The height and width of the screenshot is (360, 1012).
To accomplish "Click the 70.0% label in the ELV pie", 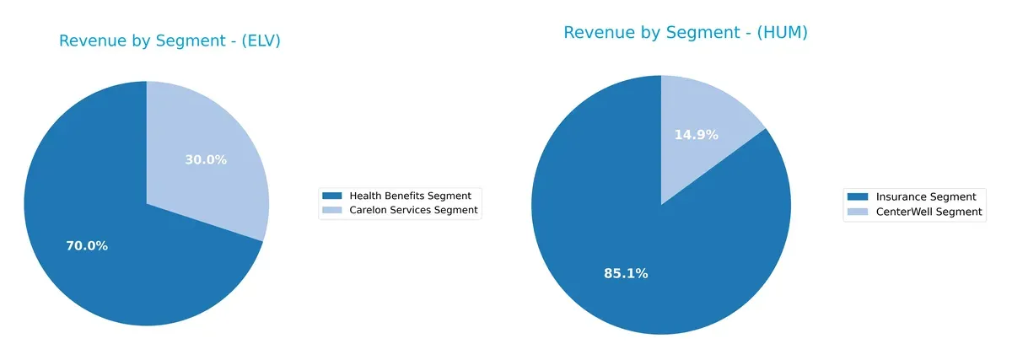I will [x=87, y=246].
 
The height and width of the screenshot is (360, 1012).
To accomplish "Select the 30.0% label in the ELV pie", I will [x=206, y=159].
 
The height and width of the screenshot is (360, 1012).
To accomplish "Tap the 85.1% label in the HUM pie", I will [x=625, y=273].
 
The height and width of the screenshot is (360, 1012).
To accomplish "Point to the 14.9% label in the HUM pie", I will [x=696, y=135].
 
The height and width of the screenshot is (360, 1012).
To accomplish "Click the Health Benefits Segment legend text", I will [x=410, y=196].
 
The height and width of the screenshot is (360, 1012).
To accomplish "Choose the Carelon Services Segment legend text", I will [x=413, y=210].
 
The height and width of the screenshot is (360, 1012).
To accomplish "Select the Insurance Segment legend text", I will [x=926, y=197].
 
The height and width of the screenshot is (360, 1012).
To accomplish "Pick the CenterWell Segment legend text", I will [x=929, y=212].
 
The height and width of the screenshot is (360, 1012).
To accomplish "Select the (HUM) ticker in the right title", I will [x=783, y=33].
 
